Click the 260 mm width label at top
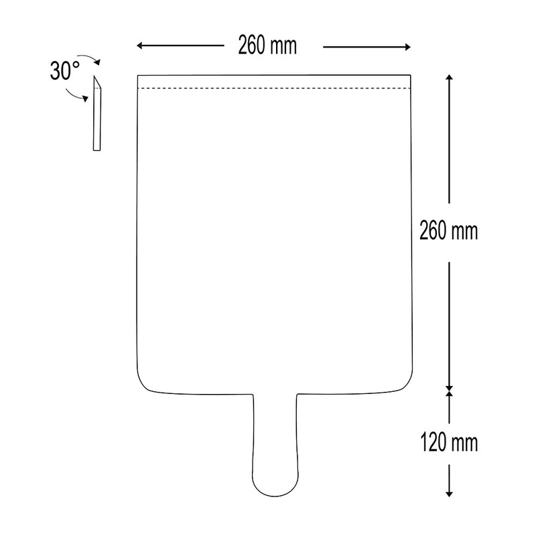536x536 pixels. click(x=267, y=45)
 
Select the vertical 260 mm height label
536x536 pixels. click(x=448, y=230)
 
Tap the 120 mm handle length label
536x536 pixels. click(x=449, y=442)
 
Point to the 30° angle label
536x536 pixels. click(x=65, y=71)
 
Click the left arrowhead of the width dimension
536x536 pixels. click(x=139, y=46)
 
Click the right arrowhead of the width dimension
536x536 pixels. click(x=407, y=47)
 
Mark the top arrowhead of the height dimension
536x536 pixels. click(x=449, y=77)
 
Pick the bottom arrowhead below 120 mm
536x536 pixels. click(x=449, y=494)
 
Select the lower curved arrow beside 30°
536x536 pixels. click(x=75, y=96)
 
